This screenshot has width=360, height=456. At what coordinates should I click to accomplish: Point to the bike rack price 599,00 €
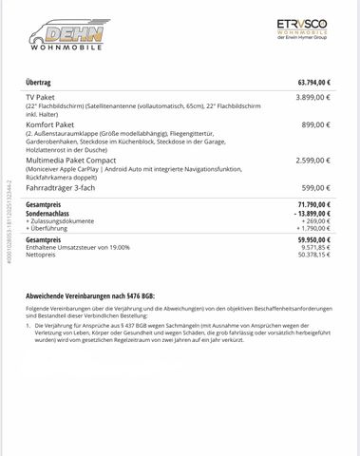[310, 188]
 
